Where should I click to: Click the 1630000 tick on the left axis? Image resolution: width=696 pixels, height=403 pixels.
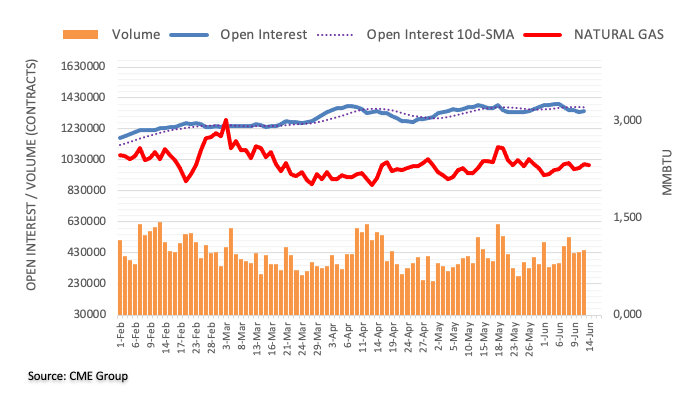83,67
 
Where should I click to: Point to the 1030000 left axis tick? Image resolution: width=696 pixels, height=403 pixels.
83,160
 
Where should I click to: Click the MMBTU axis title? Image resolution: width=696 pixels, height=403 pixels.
667,190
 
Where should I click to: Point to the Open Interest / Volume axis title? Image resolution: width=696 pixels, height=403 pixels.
31,190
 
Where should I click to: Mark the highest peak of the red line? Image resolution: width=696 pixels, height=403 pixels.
227,120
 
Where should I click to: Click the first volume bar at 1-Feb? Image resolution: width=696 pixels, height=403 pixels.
120,277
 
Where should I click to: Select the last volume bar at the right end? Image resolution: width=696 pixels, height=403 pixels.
584,282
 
